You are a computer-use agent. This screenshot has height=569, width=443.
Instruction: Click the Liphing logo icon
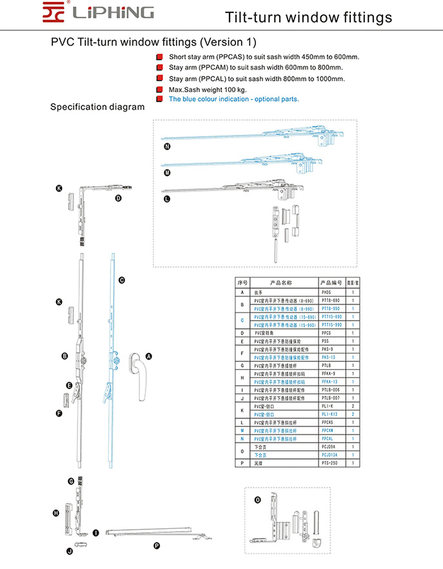[x=55, y=12]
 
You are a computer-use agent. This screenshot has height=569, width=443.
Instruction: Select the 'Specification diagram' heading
[x=97, y=107]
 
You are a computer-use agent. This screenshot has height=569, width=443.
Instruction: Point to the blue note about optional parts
[x=234, y=99]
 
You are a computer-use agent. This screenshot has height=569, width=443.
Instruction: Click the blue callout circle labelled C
[x=121, y=281]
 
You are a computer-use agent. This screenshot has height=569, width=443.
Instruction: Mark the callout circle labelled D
[x=119, y=199]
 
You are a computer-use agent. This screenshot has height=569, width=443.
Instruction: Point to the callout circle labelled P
[x=156, y=545]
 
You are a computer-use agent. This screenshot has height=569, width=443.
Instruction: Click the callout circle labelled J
[x=69, y=552]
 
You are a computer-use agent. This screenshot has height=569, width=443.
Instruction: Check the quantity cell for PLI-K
[x=353, y=406]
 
